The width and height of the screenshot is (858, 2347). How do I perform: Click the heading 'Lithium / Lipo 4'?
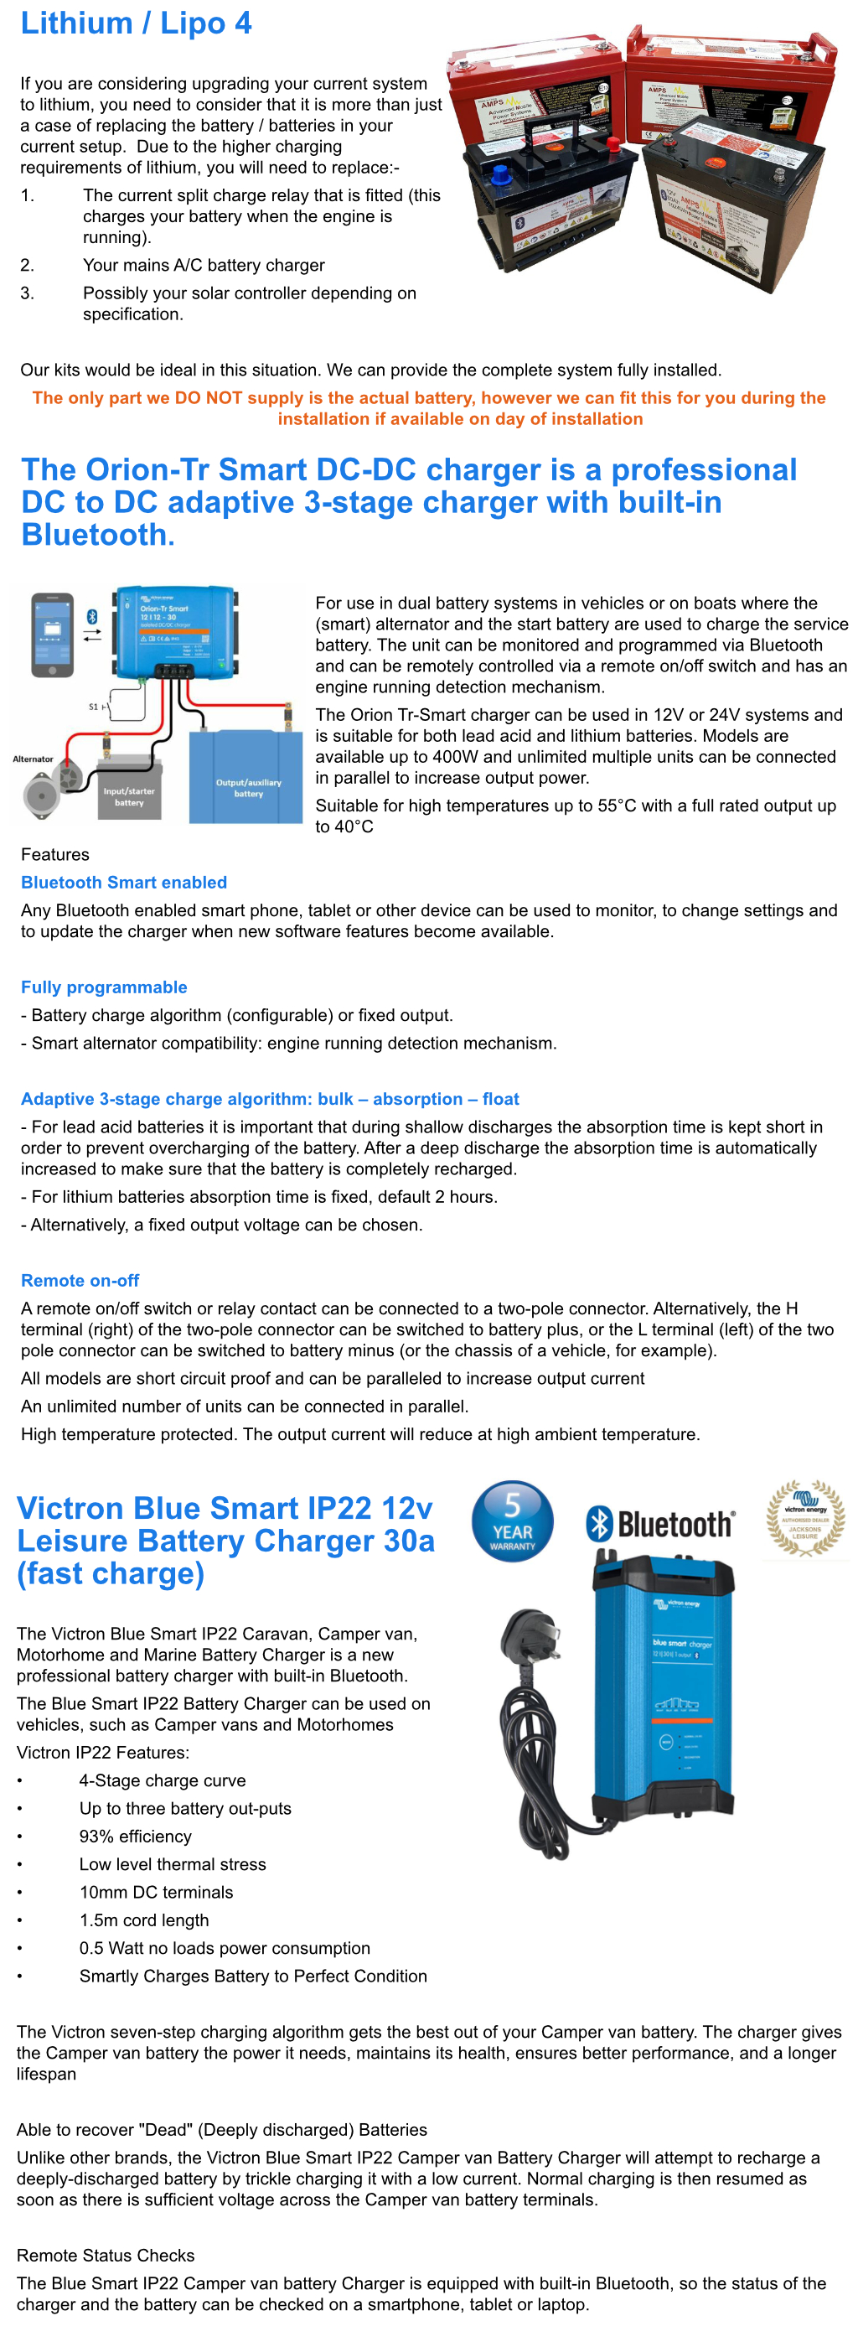pyautogui.click(x=136, y=23)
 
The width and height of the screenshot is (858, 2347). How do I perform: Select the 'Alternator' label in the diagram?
pyautogui.click(x=33, y=759)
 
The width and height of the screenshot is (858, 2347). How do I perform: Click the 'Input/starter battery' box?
pyautogui.click(x=128, y=795)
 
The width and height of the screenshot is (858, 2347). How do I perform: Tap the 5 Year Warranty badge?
pyautogui.click(x=512, y=1521)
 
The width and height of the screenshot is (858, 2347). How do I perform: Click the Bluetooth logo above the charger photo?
pyautogui.click(x=660, y=1522)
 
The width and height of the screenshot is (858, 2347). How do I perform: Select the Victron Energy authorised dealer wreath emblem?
pyautogui.click(x=804, y=1517)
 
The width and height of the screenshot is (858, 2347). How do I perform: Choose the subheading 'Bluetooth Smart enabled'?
pyautogui.click(x=124, y=882)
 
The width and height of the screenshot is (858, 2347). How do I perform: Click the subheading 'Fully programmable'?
pyautogui.click(x=104, y=987)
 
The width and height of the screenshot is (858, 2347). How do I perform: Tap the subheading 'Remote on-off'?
pyautogui.click(x=80, y=1280)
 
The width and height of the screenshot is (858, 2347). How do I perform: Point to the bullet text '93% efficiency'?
pyautogui.click(x=135, y=1836)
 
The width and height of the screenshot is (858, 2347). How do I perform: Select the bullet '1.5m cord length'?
pyautogui.click(x=144, y=1920)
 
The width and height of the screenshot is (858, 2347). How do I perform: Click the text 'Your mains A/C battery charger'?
pyautogui.click(x=203, y=265)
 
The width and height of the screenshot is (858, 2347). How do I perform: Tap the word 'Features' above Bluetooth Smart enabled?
pyautogui.click(x=55, y=855)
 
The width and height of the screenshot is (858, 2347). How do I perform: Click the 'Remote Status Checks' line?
pyautogui.click(x=106, y=2255)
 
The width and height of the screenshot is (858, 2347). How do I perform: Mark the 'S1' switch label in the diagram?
pyautogui.click(x=93, y=706)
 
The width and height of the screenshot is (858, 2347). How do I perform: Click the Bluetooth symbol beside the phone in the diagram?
pyautogui.click(x=92, y=617)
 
